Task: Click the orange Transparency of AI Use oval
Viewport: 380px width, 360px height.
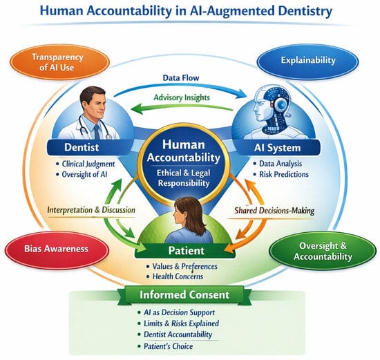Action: click(x=59, y=62)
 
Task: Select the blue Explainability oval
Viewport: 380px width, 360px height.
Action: click(x=307, y=61)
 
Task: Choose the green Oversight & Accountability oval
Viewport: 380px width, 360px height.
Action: click(x=323, y=251)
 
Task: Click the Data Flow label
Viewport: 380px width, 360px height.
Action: click(x=181, y=78)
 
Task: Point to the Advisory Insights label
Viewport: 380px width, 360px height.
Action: click(x=182, y=97)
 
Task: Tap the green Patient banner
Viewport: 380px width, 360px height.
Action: click(x=185, y=251)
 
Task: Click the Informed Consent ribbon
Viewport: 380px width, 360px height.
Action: click(x=184, y=295)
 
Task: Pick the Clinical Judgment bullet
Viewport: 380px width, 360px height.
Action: click(x=85, y=164)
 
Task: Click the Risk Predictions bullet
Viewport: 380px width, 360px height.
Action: click(x=281, y=174)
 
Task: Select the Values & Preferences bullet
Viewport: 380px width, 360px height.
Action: click(x=182, y=267)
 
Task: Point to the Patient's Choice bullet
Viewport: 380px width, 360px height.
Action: click(x=165, y=346)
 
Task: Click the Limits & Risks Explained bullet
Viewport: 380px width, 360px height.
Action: click(x=178, y=323)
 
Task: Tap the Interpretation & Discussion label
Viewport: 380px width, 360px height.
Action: click(x=91, y=210)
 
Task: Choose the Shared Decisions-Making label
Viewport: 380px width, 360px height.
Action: click(x=274, y=211)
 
